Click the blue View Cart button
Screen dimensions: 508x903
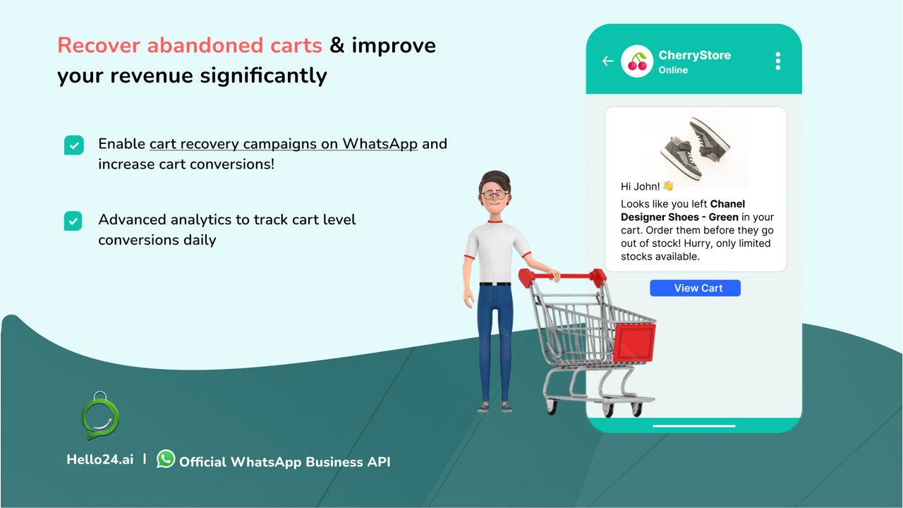[x=695, y=288]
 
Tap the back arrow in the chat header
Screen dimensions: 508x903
[x=607, y=61]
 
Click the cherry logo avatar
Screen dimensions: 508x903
[x=637, y=61]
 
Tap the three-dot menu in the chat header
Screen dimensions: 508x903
[x=777, y=61]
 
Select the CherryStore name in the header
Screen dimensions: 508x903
[x=694, y=55]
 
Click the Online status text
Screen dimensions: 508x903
[x=673, y=70]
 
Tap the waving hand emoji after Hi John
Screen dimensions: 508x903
[x=668, y=186]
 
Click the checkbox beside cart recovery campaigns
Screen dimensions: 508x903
[x=74, y=145]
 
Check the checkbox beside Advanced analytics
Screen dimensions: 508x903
[x=74, y=221]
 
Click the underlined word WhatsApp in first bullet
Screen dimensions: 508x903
[x=380, y=144]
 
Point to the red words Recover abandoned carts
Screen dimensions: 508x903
[x=189, y=46]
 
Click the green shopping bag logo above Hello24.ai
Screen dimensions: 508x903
[x=100, y=417]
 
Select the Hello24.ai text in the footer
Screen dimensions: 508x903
[x=99, y=460]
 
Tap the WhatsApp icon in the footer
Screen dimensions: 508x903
[x=166, y=459]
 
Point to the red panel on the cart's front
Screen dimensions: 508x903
[x=634, y=342]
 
